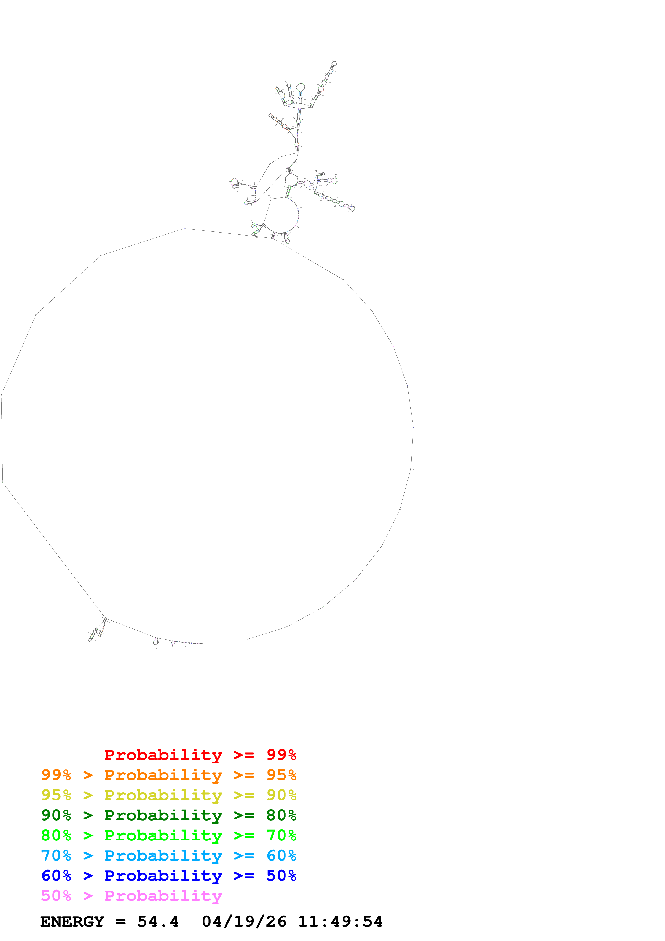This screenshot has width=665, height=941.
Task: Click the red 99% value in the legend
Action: (281, 755)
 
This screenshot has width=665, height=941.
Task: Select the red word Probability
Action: (163, 755)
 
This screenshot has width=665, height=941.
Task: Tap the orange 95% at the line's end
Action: (281, 775)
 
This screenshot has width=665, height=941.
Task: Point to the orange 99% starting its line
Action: (56, 775)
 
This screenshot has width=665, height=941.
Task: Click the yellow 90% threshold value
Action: (281, 795)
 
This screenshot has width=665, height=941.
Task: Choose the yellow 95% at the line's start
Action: (56, 795)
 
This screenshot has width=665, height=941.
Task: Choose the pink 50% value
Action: (56, 895)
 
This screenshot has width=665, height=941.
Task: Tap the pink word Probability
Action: (163, 895)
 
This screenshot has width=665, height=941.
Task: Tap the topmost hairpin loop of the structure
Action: (334, 63)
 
